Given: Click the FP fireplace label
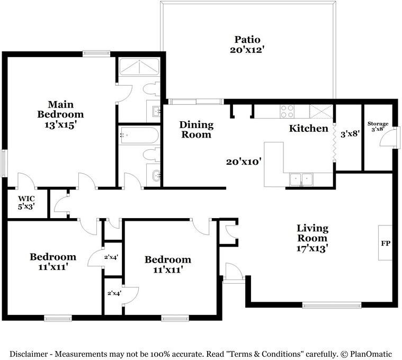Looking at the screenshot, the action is (386, 243).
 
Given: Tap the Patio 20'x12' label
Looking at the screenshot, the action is (247, 44).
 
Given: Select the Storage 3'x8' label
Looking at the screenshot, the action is (378, 127).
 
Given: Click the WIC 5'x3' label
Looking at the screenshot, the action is (26, 202).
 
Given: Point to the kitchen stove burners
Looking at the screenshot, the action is (287, 112).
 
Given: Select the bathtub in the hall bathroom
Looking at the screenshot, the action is (139, 135).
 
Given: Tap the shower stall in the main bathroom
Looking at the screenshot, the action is (139, 67).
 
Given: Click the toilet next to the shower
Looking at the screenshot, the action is (151, 89).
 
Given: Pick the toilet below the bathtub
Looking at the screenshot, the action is (151, 155).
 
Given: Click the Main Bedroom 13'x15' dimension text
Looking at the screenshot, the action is (61, 125).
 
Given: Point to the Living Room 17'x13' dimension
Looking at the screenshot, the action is (312, 248).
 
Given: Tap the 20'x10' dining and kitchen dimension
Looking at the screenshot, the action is (244, 161).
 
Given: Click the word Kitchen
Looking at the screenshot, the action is (309, 128).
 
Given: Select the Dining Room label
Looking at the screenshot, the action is (196, 130).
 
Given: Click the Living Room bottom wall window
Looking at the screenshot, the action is (332, 305).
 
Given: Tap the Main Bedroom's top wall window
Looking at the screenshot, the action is (96, 54).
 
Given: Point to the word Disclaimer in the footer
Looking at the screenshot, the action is (29, 354).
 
